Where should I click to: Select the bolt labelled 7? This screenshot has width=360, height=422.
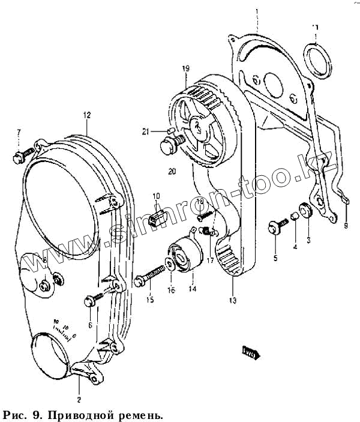[17, 157]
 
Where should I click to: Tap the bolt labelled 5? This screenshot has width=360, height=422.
[278, 226]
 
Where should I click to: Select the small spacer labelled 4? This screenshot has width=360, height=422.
[295, 216]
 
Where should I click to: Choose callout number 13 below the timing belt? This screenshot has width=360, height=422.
[232, 300]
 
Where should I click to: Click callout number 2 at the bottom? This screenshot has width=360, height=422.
[79, 399]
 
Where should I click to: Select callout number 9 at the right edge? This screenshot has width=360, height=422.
[346, 226]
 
